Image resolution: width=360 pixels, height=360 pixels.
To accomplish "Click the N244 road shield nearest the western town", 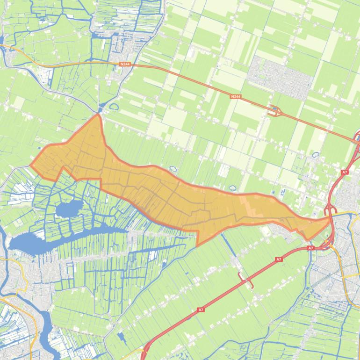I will [125, 64].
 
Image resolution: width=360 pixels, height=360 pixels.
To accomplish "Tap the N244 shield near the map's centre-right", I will [236, 96].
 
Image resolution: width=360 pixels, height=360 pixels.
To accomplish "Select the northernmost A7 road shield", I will [345, 172].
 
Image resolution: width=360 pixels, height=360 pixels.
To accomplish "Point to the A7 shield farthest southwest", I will [201, 310].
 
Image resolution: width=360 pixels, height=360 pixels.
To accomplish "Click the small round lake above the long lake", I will [69, 209].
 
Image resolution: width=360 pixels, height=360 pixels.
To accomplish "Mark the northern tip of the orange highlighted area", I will [98, 115].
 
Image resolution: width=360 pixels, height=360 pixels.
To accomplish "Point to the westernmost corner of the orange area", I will [31, 165].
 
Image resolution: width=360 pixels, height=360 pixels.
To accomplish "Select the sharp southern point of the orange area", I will [197, 245].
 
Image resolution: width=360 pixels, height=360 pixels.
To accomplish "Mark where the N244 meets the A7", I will [357, 142].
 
